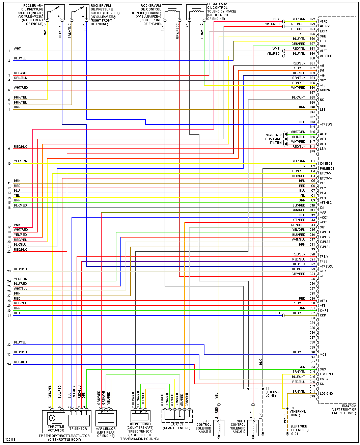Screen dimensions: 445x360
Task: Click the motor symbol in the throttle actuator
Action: [52, 418]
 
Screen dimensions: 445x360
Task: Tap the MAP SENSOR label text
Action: [106, 428]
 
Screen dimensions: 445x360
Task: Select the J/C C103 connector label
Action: [177, 424]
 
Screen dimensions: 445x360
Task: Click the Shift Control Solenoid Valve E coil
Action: [219, 427]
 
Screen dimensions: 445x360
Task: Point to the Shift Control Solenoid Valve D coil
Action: [253, 427]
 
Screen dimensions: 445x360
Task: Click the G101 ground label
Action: [295, 434]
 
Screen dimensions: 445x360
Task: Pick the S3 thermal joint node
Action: [287, 408]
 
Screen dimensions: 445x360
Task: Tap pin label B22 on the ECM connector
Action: [312, 19]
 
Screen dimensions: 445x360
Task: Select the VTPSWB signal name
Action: [326, 124]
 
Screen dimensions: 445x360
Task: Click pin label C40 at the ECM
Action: [312, 352]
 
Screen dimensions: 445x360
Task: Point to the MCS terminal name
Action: [323, 355]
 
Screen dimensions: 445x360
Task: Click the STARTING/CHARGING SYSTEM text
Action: [273, 139]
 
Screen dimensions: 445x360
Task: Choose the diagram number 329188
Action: [10, 440]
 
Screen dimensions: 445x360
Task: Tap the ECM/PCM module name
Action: [349, 406]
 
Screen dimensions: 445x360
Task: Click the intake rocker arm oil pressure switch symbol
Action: [55, 13]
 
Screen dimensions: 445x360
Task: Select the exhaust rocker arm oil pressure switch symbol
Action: [79, 13]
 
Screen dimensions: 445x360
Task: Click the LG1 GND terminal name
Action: [326, 374]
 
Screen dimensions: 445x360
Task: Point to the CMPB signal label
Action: [324, 311]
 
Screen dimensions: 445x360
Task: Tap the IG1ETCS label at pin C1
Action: [326, 164]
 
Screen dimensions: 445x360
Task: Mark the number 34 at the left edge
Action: [9, 364]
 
